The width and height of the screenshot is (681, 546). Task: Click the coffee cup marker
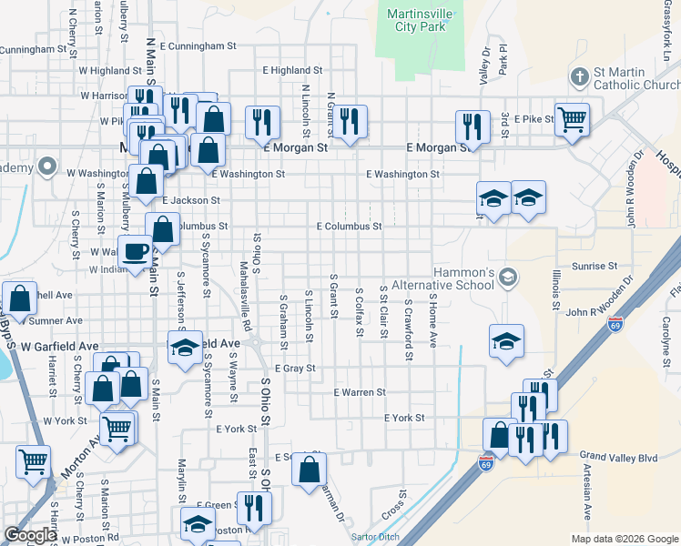(x=137, y=252)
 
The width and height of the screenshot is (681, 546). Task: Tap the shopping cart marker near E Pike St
(x=571, y=118)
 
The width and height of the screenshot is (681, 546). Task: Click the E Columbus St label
(x=348, y=226)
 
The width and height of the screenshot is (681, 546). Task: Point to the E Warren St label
(x=361, y=392)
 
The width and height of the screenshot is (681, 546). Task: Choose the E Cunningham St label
(x=198, y=45)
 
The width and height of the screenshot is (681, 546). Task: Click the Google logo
(x=29, y=535)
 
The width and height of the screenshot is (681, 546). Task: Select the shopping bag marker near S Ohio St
(x=310, y=470)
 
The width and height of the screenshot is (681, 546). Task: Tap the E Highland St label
(x=288, y=69)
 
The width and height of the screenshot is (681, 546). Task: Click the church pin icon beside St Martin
(x=579, y=76)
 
